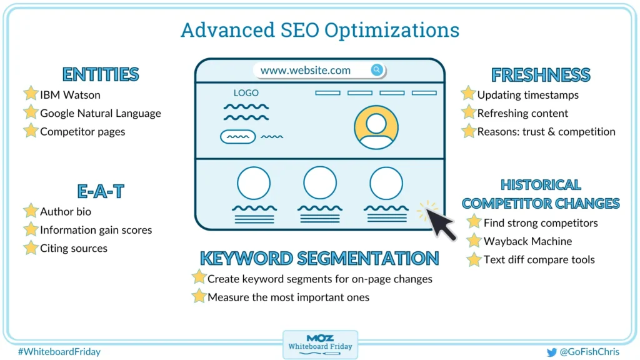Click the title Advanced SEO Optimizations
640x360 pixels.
[x=319, y=30]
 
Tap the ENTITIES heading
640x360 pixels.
[x=101, y=74]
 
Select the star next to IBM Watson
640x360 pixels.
[x=31, y=94]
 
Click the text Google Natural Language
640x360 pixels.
[x=101, y=113]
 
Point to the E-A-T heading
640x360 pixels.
[x=101, y=191]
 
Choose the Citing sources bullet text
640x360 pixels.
[x=74, y=248]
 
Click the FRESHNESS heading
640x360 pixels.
[x=541, y=75]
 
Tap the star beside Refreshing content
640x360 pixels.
[x=468, y=112]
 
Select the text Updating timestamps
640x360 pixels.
[x=528, y=95]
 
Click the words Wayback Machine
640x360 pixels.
[x=527, y=241]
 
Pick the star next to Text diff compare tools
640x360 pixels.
[x=474, y=259]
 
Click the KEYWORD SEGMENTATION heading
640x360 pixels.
[x=319, y=258]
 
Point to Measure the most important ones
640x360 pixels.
[x=288, y=297]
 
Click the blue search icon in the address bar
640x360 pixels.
[x=377, y=70]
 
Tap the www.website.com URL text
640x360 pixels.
[x=306, y=71]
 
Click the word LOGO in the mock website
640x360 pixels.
[x=246, y=93]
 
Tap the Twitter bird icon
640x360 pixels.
[x=551, y=352]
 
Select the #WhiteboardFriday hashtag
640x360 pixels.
[x=59, y=352]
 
